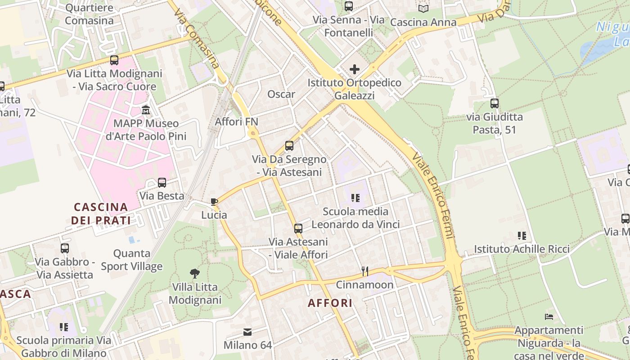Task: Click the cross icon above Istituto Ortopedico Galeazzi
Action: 355,69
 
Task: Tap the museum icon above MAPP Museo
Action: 146,110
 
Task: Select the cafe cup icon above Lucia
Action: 214,202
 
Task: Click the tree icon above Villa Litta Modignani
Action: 195,273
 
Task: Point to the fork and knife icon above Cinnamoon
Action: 365,271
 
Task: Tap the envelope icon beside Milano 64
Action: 247,332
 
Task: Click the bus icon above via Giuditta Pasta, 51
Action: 495,103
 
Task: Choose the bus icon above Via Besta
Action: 162,183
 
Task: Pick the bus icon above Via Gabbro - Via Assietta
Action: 65,248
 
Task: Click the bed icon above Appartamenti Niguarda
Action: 549,317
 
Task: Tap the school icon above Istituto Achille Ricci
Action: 522,235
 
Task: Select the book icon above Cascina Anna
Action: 423,9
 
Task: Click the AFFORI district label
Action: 330,303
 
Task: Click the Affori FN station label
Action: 236,121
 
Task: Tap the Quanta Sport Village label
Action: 131,260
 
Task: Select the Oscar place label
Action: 281,94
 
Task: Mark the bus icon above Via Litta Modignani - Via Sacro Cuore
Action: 114,60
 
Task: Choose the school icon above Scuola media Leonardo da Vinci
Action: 355,198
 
